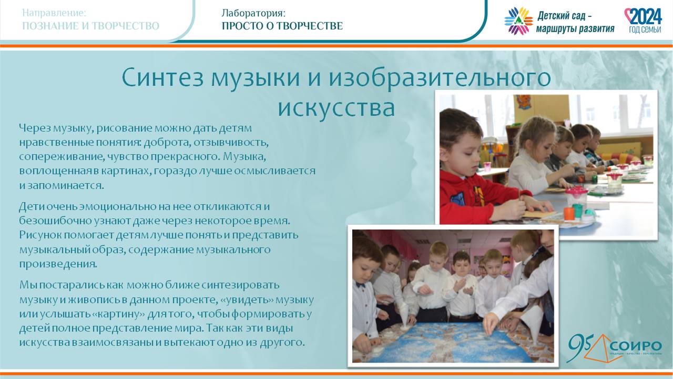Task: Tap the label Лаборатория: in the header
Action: (x=253, y=13)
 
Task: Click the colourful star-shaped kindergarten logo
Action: (x=518, y=21)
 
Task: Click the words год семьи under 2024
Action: (x=645, y=29)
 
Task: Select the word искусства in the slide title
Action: (x=336, y=108)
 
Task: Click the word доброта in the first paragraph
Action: (x=167, y=142)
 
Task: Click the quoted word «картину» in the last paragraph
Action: (x=118, y=314)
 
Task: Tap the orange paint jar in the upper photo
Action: (x=569, y=214)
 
